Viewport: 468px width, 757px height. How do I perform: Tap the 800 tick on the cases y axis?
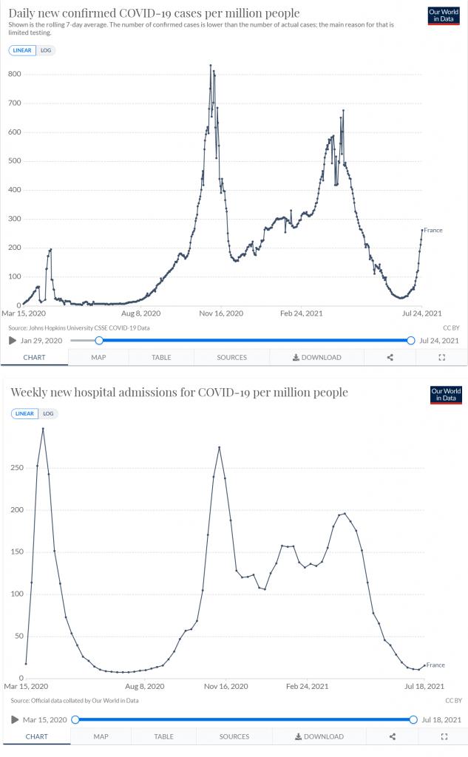point(14,75)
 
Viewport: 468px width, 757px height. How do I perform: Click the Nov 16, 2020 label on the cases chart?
point(220,313)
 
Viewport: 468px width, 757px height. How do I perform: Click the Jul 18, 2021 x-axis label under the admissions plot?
point(425,686)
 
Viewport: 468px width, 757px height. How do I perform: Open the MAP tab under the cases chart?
point(98,357)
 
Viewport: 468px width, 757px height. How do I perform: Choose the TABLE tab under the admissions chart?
point(163,736)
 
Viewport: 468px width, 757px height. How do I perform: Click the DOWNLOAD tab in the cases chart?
point(317,357)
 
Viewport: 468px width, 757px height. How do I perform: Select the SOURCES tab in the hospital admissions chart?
point(234,736)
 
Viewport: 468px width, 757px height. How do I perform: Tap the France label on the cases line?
point(433,231)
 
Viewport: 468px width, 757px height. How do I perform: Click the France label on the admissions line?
point(435,665)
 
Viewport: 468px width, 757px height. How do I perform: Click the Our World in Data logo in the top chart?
point(444,16)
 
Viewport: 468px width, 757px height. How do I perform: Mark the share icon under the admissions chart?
point(392,736)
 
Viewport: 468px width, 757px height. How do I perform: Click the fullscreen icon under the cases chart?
point(442,357)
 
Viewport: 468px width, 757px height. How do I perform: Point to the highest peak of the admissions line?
point(43,428)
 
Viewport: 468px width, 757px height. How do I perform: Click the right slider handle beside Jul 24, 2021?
point(411,340)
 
